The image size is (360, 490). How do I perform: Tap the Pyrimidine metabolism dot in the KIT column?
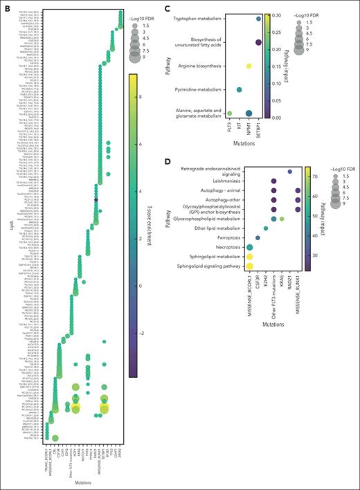point(239,90)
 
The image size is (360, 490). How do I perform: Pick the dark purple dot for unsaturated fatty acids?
point(258,43)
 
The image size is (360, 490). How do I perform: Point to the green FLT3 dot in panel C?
point(229,114)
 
